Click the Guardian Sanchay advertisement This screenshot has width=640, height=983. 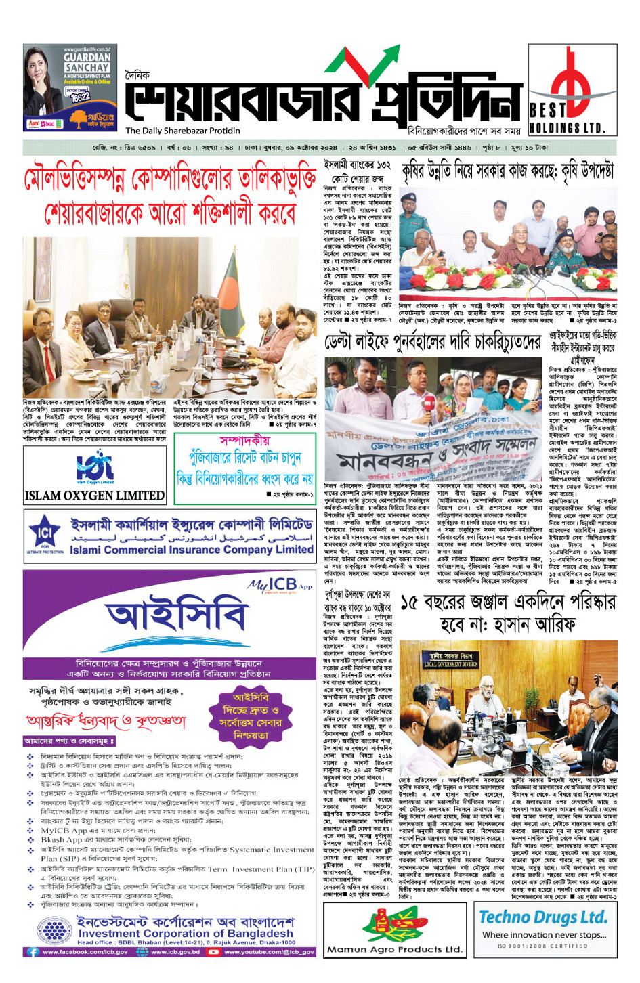click(x=70, y=88)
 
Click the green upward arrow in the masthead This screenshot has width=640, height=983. click(x=369, y=64)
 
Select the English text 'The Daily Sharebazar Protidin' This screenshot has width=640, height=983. click(x=183, y=131)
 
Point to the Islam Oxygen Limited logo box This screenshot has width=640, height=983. click(x=95, y=476)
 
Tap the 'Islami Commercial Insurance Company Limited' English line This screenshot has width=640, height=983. click(x=192, y=550)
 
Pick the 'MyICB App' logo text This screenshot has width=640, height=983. click(x=280, y=584)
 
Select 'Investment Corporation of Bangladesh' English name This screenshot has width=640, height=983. click(x=186, y=933)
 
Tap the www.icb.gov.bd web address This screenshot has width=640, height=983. click(x=175, y=952)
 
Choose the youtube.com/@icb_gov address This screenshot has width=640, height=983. click(x=270, y=952)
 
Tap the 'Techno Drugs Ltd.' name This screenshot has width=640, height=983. click(x=543, y=917)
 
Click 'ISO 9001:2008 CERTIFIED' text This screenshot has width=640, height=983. click(x=543, y=946)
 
